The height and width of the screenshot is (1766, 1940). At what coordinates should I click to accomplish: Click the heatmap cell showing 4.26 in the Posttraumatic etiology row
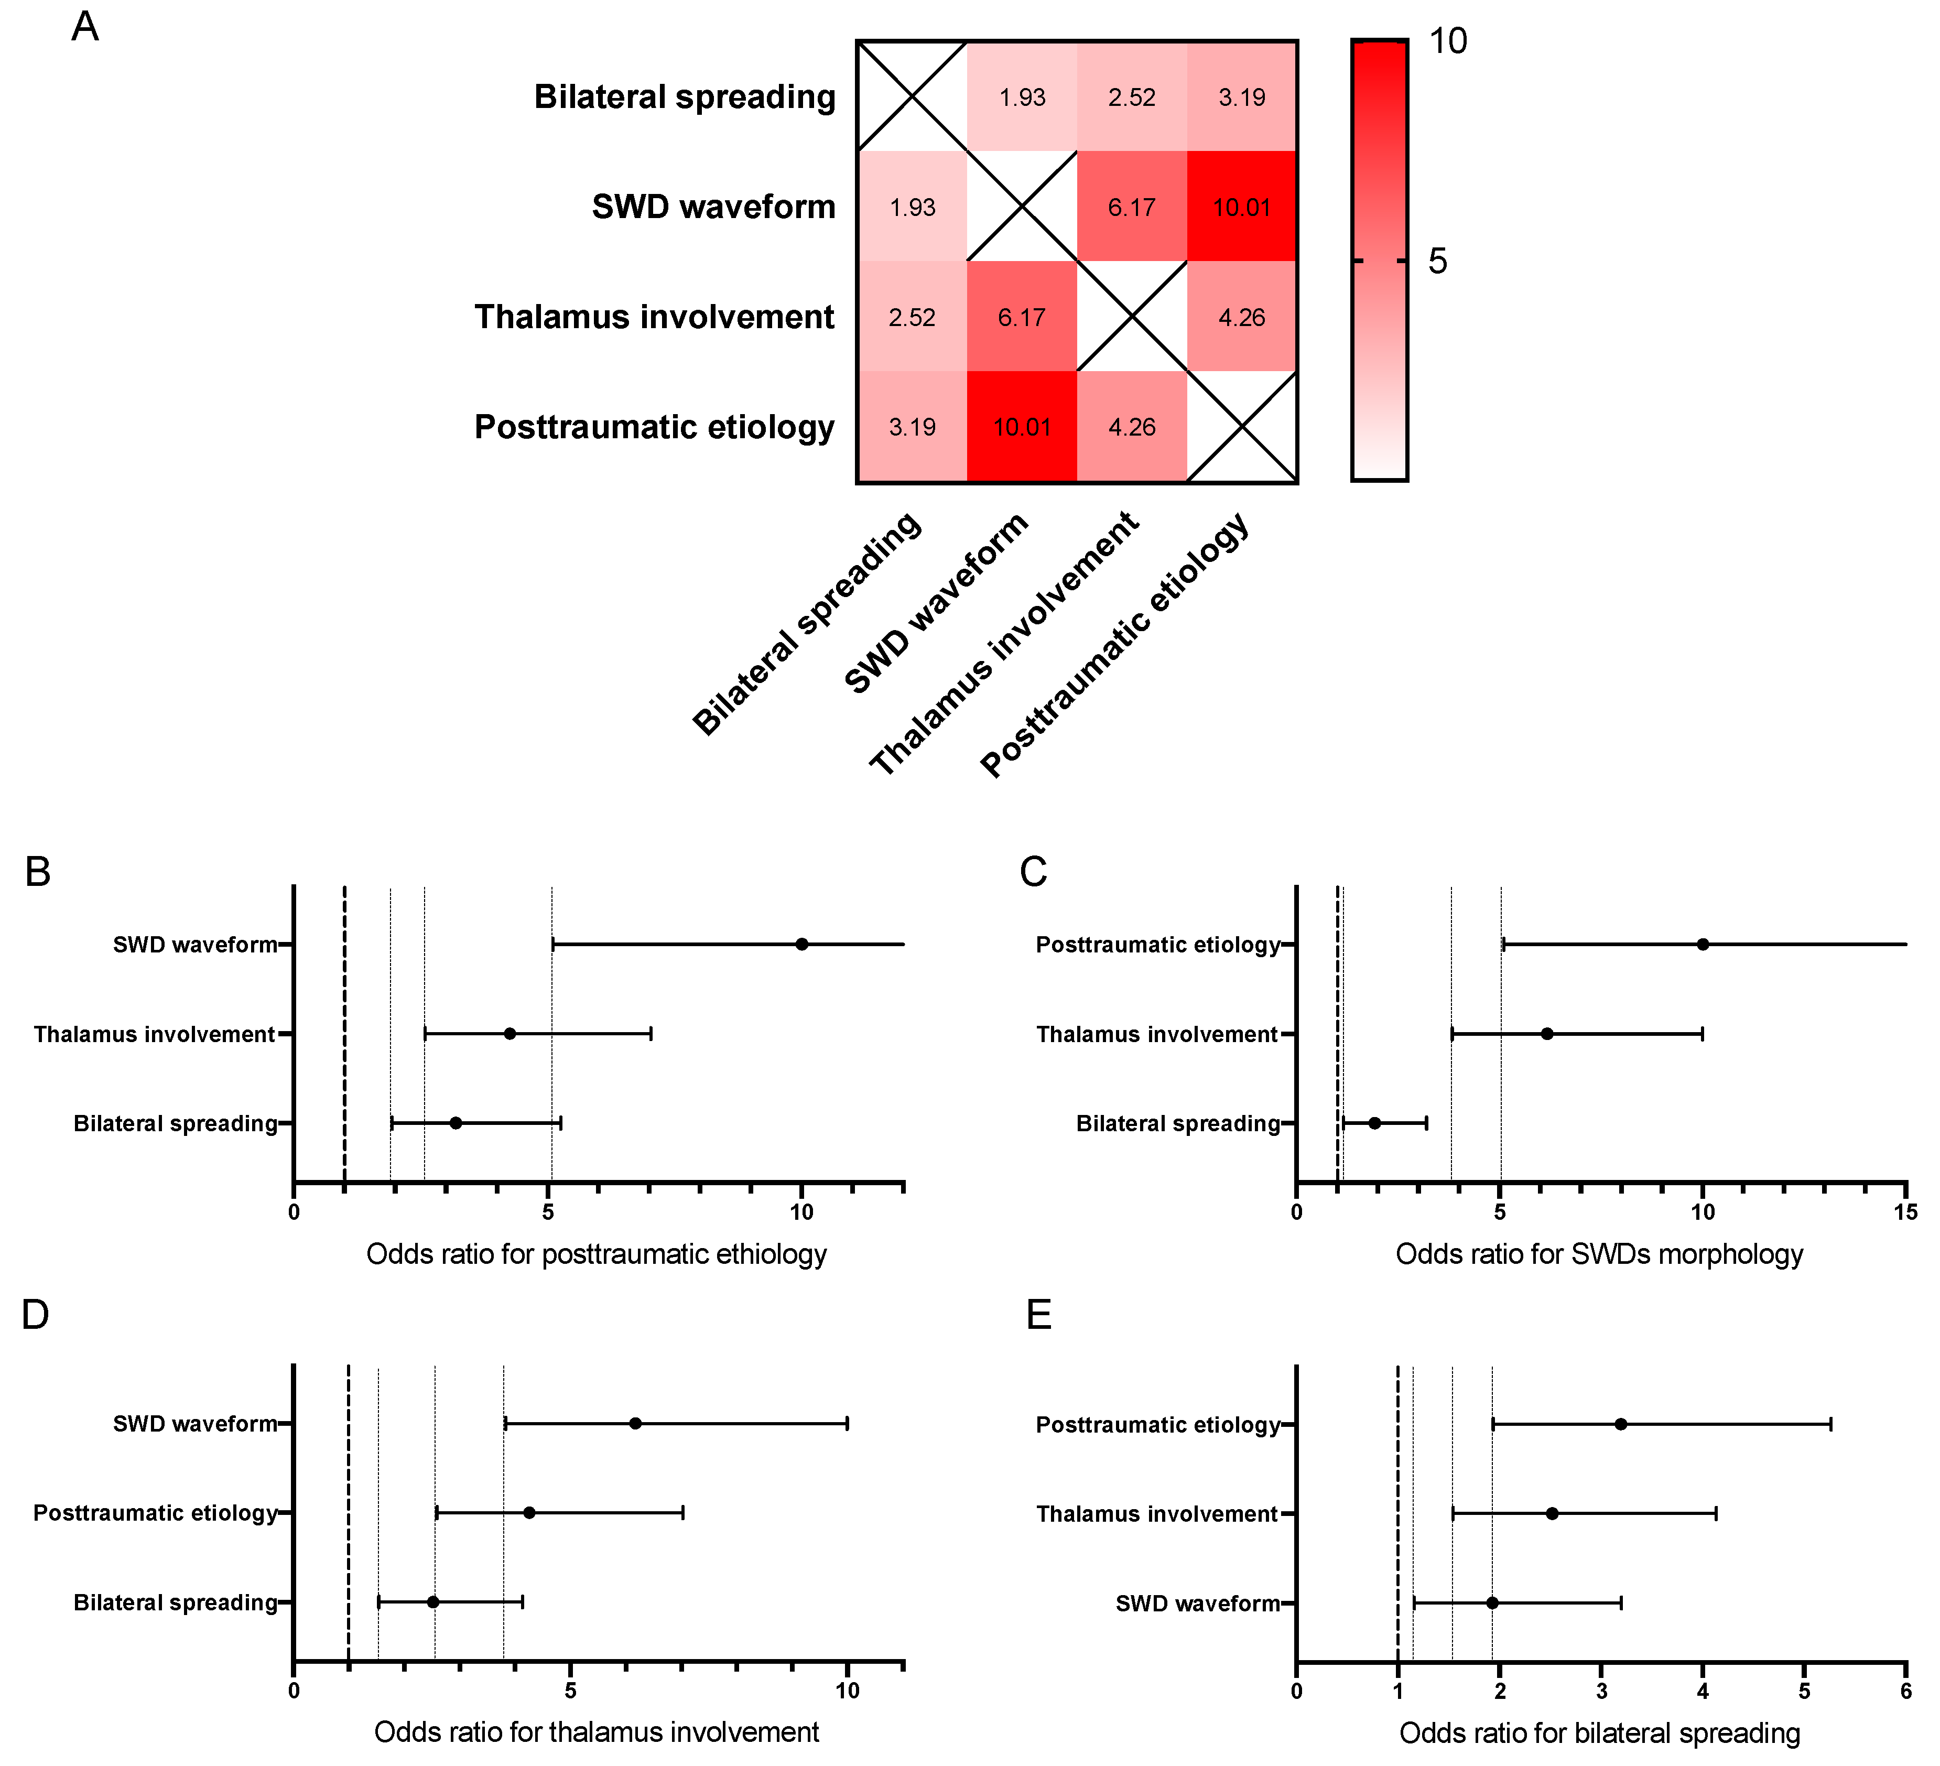(1132, 426)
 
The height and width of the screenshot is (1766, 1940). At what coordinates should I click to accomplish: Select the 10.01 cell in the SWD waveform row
(1241, 207)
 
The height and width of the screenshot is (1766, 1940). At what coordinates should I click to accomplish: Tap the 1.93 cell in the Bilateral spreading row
(1022, 97)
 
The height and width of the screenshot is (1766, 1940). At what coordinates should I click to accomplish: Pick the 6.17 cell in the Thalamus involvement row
(1022, 317)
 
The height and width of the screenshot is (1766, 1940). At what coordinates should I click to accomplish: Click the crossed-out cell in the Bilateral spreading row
(912, 96)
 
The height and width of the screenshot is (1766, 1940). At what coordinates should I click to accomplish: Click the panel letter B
(38, 871)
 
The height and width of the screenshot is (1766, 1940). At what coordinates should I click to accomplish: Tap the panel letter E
(1039, 1315)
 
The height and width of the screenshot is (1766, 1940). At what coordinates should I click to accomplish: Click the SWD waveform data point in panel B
(801, 944)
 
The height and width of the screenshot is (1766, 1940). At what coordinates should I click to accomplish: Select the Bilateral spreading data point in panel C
(1375, 1123)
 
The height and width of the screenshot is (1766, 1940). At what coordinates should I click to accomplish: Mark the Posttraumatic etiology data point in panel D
(529, 1513)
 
